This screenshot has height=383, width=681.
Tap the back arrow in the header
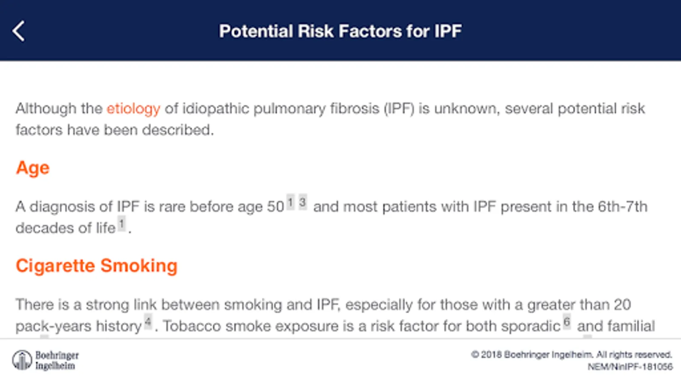coord(18,31)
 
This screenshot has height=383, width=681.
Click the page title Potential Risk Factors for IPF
coord(340,31)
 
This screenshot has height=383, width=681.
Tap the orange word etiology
coord(134,109)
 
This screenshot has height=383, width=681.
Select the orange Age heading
coord(32,168)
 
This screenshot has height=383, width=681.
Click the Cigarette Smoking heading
coord(96,266)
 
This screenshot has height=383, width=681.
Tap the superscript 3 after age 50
coord(303,202)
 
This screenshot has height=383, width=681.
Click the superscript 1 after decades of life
coord(122,224)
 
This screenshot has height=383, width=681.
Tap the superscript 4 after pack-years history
coord(148,322)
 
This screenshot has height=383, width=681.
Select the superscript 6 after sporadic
coord(567,322)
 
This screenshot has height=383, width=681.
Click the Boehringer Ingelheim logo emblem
coord(22,360)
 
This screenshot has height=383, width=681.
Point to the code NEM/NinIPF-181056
coord(630,367)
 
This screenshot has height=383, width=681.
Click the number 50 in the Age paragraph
coord(275,207)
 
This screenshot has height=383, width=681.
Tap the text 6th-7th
coord(622,207)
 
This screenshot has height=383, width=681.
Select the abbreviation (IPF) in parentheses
coord(399,109)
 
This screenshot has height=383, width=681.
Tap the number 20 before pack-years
coord(622,305)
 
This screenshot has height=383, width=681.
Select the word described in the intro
coord(178,130)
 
